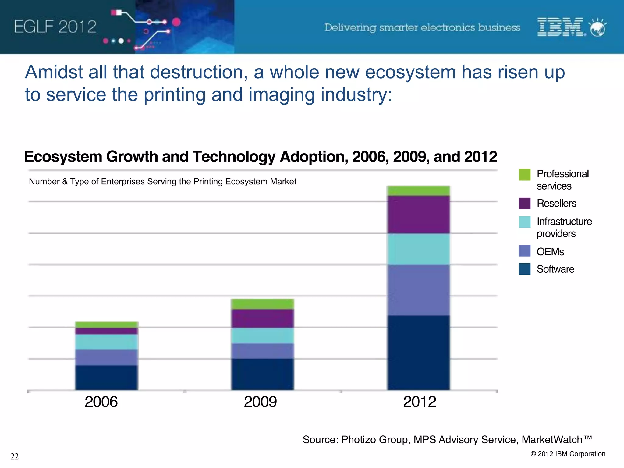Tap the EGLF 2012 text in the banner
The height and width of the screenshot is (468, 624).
pyautogui.click(x=55, y=27)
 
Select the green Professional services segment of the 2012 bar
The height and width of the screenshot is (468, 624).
pyautogui.click(x=418, y=191)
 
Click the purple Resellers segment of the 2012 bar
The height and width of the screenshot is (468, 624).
pyautogui.click(x=418, y=214)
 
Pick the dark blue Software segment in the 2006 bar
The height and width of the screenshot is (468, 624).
pyautogui.click(x=107, y=378)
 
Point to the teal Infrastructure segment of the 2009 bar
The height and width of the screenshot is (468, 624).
pyautogui.click(x=262, y=335)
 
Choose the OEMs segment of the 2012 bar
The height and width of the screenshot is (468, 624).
pyautogui.click(x=418, y=290)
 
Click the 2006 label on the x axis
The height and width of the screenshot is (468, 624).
pyautogui.click(x=101, y=402)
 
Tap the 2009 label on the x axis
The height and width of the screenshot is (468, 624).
pyautogui.click(x=260, y=402)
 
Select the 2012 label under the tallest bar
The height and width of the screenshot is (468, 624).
pyautogui.click(x=420, y=402)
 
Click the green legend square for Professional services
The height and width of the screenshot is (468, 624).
pyautogui.click(x=525, y=175)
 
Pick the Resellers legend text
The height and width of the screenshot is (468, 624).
pyautogui.click(x=556, y=203)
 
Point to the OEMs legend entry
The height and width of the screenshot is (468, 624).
pyautogui.click(x=550, y=252)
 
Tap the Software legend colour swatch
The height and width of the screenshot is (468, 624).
pyautogui.click(x=525, y=269)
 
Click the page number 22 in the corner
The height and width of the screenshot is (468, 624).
pyautogui.click(x=14, y=456)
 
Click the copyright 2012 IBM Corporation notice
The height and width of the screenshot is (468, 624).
pyautogui.click(x=568, y=454)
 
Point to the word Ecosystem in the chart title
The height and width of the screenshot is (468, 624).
pyautogui.click(x=63, y=157)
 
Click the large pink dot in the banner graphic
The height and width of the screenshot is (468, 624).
pyautogui.click(x=176, y=22)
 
